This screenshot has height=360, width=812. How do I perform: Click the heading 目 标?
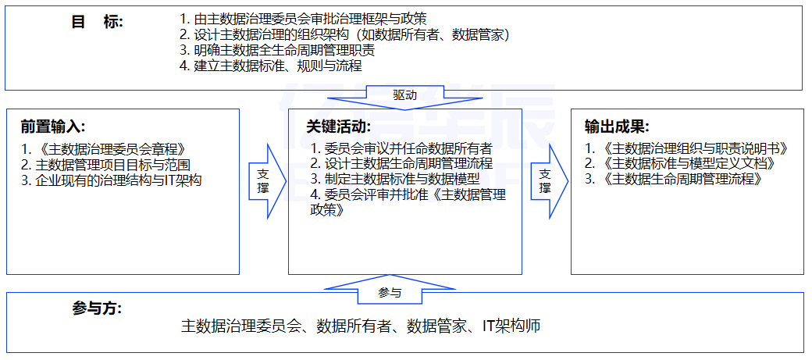98,22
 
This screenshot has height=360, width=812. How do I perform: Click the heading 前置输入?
53,127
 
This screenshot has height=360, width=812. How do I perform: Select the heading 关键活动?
338,127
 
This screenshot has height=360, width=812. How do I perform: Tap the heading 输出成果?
617,127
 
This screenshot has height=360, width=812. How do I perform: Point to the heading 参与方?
97,308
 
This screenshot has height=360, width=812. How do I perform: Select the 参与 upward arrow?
390,292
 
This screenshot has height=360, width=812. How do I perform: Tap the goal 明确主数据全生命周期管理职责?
284,50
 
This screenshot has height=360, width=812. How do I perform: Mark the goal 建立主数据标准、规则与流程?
278,66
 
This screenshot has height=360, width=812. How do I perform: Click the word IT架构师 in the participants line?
511,326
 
